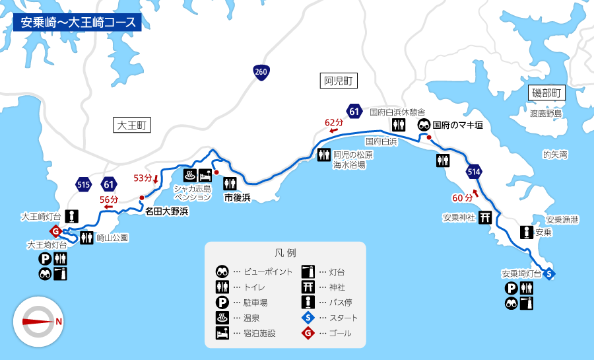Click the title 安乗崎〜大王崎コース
[77, 22]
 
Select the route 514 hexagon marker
[474, 171]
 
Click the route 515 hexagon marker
[83, 185]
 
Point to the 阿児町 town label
[340, 81]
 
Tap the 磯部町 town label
[548, 93]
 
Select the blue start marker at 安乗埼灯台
[549, 273]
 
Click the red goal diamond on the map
[56, 231]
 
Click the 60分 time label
[463, 197]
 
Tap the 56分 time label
[109, 199]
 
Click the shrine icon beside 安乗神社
[485, 217]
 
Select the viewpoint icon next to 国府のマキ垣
[424, 125]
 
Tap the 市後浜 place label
[237, 198]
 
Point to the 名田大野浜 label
[167, 211]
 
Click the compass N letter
[59, 322]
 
